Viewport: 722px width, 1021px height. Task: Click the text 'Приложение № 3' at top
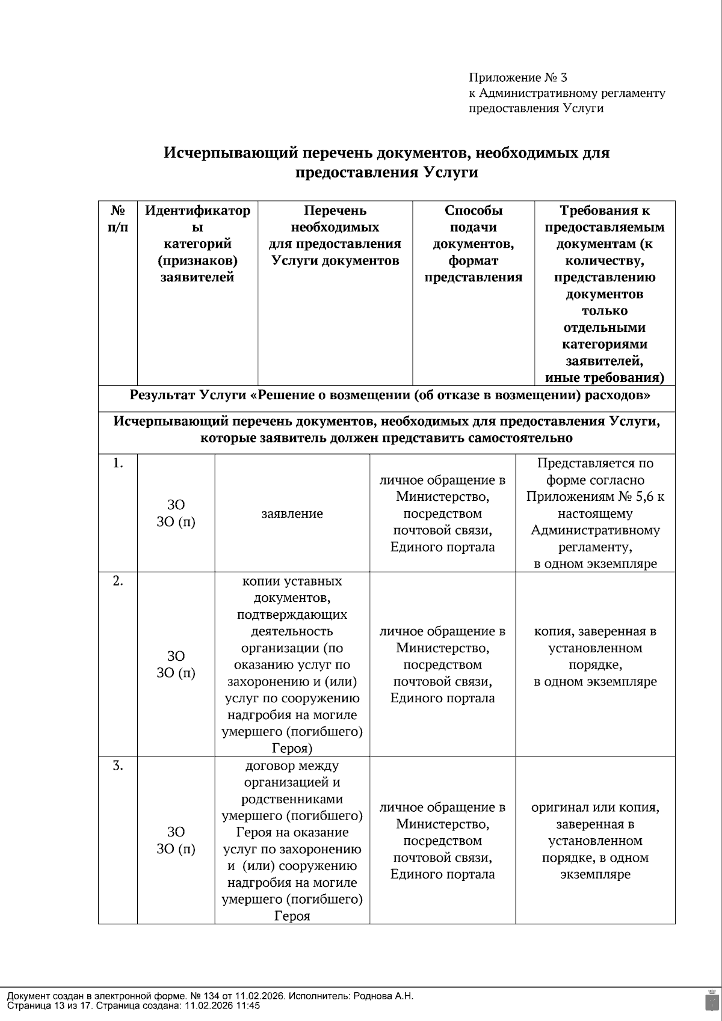(517, 78)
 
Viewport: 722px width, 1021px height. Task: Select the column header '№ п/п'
(118, 219)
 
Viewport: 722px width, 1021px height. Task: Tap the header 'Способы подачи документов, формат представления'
(473, 244)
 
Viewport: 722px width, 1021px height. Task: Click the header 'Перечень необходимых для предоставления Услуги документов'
(335, 235)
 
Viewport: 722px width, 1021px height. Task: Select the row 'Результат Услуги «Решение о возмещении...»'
(389, 396)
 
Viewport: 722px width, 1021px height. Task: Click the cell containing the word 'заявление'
(292, 514)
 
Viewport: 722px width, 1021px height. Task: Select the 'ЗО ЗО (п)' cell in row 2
(176, 664)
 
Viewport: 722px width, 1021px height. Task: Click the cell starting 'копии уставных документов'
(292, 664)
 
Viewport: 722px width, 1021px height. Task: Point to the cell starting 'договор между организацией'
(292, 841)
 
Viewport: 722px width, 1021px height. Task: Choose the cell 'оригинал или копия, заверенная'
(594, 841)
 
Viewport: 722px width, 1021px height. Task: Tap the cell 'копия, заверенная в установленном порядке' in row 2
(594, 656)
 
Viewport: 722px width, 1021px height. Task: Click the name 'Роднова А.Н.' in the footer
(385, 996)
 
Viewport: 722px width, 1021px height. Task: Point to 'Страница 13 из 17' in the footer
(48, 1005)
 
